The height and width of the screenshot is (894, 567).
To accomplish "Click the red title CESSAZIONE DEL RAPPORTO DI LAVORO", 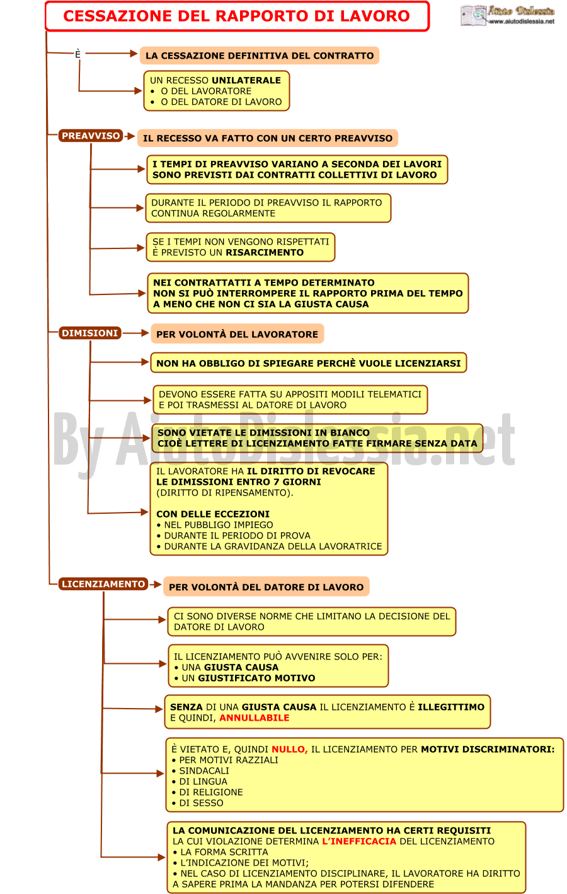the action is (x=236, y=16).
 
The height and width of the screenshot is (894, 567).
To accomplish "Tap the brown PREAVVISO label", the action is (x=91, y=136).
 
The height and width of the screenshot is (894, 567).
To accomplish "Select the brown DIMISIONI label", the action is (x=89, y=333).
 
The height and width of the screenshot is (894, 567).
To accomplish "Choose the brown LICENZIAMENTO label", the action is (x=103, y=584).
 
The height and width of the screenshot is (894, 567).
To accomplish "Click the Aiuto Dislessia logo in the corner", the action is (x=507, y=16).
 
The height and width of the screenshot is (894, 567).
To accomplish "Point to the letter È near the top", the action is (x=77, y=54).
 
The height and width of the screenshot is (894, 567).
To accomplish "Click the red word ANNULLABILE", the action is (x=255, y=717).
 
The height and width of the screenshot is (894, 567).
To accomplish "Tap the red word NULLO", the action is (x=289, y=749).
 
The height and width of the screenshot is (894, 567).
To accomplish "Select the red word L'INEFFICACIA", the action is (x=359, y=841).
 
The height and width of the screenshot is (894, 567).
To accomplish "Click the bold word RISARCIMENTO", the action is (x=265, y=253).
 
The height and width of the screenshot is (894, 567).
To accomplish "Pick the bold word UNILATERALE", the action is (x=246, y=80).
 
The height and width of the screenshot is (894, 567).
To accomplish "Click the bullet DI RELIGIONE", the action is (x=207, y=792).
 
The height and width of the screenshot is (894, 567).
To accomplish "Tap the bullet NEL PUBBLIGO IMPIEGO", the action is (x=215, y=525).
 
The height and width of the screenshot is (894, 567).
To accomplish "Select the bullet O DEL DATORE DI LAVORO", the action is (x=216, y=102).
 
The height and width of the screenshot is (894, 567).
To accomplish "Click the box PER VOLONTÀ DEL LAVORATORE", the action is (x=238, y=334).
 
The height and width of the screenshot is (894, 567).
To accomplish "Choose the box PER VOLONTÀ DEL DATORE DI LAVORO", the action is (x=266, y=587).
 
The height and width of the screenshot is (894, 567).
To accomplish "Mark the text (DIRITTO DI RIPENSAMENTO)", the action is (x=224, y=492).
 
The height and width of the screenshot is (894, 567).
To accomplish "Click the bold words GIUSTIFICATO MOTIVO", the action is (x=256, y=678).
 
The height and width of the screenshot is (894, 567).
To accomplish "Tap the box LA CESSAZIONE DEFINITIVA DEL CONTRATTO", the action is (x=259, y=55).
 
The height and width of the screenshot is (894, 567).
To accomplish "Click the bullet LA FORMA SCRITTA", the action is (x=220, y=852).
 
